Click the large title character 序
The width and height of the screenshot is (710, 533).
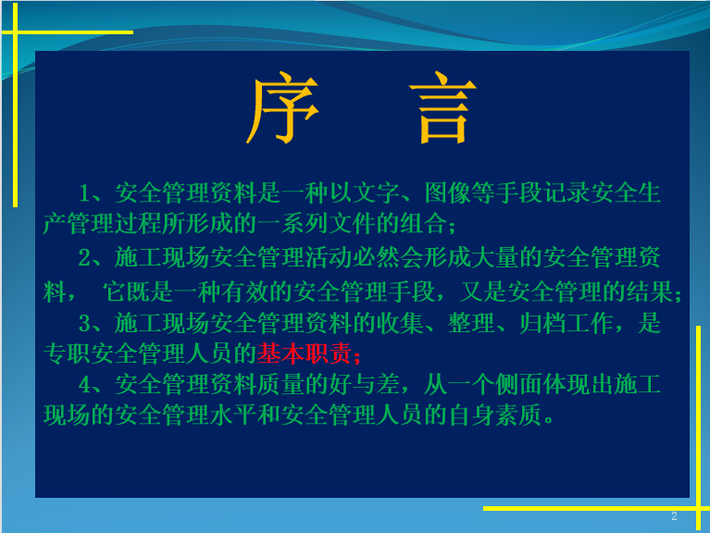click(x=282, y=107)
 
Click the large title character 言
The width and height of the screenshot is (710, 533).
click(x=442, y=107)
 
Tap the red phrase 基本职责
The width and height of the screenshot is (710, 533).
click(x=305, y=353)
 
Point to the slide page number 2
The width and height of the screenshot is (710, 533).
click(x=674, y=516)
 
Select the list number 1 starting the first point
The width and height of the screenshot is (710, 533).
click(x=84, y=193)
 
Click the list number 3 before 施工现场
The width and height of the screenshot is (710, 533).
click(x=84, y=324)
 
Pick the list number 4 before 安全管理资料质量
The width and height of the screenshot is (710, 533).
click(x=85, y=385)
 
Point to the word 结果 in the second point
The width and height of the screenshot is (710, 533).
click(x=649, y=291)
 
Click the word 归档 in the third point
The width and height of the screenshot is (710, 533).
click(x=542, y=324)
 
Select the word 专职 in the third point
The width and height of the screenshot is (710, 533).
click(x=67, y=353)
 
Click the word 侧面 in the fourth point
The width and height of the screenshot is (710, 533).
click(x=519, y=385)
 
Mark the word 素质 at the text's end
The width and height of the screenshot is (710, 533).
click(x=519, y=415)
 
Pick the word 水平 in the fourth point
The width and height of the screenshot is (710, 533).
click(x=233, y=415)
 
